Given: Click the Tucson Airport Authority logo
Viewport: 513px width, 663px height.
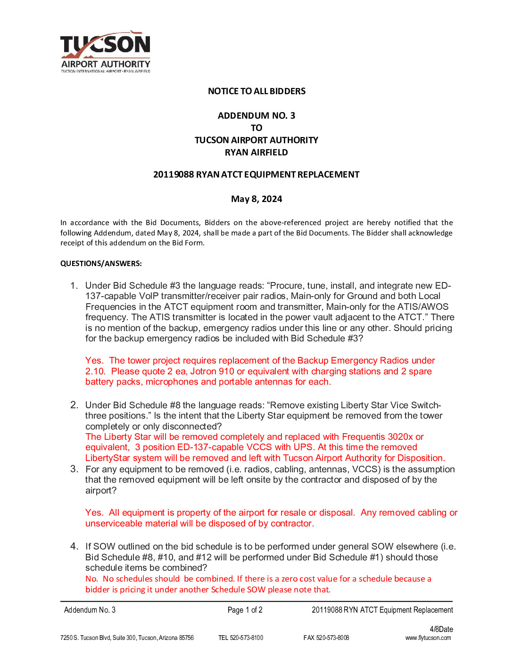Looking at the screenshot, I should (x=105, y=52).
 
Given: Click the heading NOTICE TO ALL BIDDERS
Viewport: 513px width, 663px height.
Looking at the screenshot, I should (x=256, y=91).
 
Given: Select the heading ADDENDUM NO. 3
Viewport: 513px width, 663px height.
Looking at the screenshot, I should (x=256, y=116).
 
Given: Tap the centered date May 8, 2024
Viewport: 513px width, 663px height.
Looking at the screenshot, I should (x=256, y=199).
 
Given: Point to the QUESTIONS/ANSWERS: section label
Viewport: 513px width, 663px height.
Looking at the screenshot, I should (x=101, y=264).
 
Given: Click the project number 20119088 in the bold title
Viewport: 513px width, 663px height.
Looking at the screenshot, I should (x=173, y=175).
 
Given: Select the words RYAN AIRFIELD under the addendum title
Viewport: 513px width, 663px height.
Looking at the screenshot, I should (x=256, y=153).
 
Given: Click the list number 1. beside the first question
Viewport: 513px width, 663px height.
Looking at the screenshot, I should (x=74, y=286).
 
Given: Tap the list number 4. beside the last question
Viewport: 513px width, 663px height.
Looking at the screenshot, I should (x=74, y=546).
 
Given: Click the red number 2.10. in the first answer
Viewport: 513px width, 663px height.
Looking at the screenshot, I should (x=95, y=372).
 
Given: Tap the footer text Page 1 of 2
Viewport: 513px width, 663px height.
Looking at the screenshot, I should (x=245, y=610).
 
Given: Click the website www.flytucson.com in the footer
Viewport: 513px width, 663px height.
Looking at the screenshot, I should (x=428, y=638).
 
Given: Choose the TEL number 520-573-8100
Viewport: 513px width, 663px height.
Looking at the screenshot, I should (x=246, y=638).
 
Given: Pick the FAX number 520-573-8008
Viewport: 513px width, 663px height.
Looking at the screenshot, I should (x=332, y=638).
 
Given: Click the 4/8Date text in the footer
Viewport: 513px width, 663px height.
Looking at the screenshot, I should (x=441, y=630).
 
